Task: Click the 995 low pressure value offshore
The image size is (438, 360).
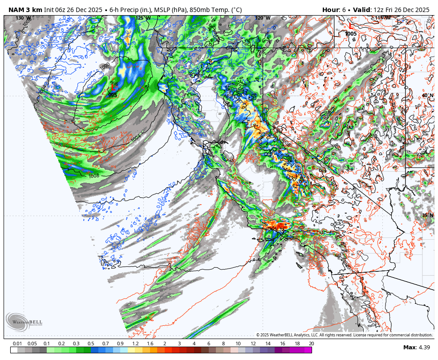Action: click(113, 95)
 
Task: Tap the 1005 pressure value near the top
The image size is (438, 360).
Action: click(351, 34)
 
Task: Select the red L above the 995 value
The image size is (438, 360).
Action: click(113, 89)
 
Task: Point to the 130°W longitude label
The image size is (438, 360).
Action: click(20, 18)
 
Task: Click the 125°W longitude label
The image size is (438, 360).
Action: click(143, 18)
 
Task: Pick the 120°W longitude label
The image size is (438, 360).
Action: click(263, 18)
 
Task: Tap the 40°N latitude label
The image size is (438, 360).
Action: click(428, 95)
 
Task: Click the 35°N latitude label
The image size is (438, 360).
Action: click(428, 215)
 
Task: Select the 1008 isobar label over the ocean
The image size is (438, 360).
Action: click(94, 176)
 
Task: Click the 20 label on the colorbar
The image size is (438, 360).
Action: click(311, 344)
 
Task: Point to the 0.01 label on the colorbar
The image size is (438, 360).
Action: click(18, 344)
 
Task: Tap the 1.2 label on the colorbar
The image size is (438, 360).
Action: click(135, 344)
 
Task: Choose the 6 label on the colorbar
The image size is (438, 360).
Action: click(209, 344)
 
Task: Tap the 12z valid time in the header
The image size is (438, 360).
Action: click(378, 10)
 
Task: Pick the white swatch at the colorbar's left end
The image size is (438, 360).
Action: click(14, 350)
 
